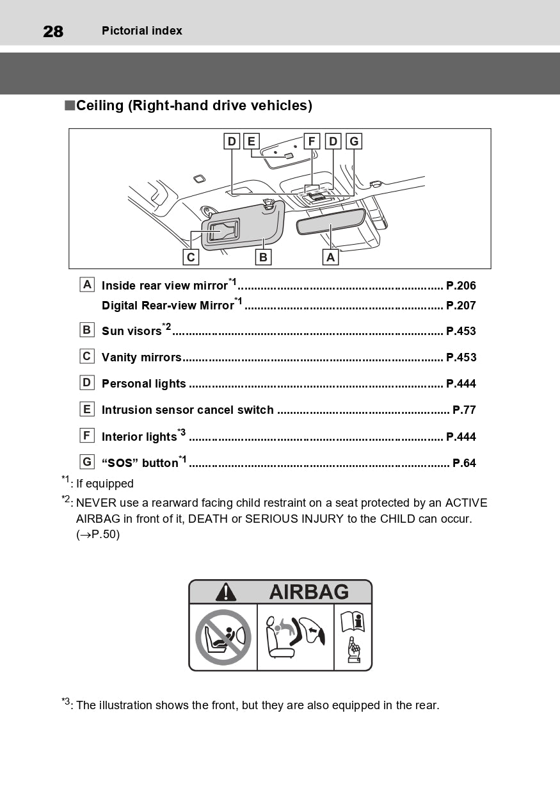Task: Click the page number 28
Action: click(x=53, y=31)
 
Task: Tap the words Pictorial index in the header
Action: click(x=142, y=31)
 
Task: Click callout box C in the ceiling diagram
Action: click(x=191, y=257)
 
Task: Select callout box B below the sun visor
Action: click(x=263, y=257)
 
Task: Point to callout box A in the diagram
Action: click(x=330, y=257)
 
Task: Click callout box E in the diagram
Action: click(x=251, y=141)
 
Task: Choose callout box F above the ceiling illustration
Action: click(x=312, y=141)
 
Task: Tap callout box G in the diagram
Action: click(x=354, y=141)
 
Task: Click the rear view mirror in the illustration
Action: click(x=330, y=222)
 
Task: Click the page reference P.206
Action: click(x=461, y=286)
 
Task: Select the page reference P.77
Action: click(x=464, y=410)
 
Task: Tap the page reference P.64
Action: click(x=464, y=463)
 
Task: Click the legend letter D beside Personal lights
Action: click(x=87, y=382)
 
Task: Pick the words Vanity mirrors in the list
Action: click(x=141, y=357)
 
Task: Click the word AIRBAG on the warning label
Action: click(x=308, y=592)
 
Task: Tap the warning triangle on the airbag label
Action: click(x=226, y=592)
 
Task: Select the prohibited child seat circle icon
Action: click(x=223, y=637)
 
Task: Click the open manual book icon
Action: click(x=353, y=621)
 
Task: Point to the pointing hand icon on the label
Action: click(x=353, y=650)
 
